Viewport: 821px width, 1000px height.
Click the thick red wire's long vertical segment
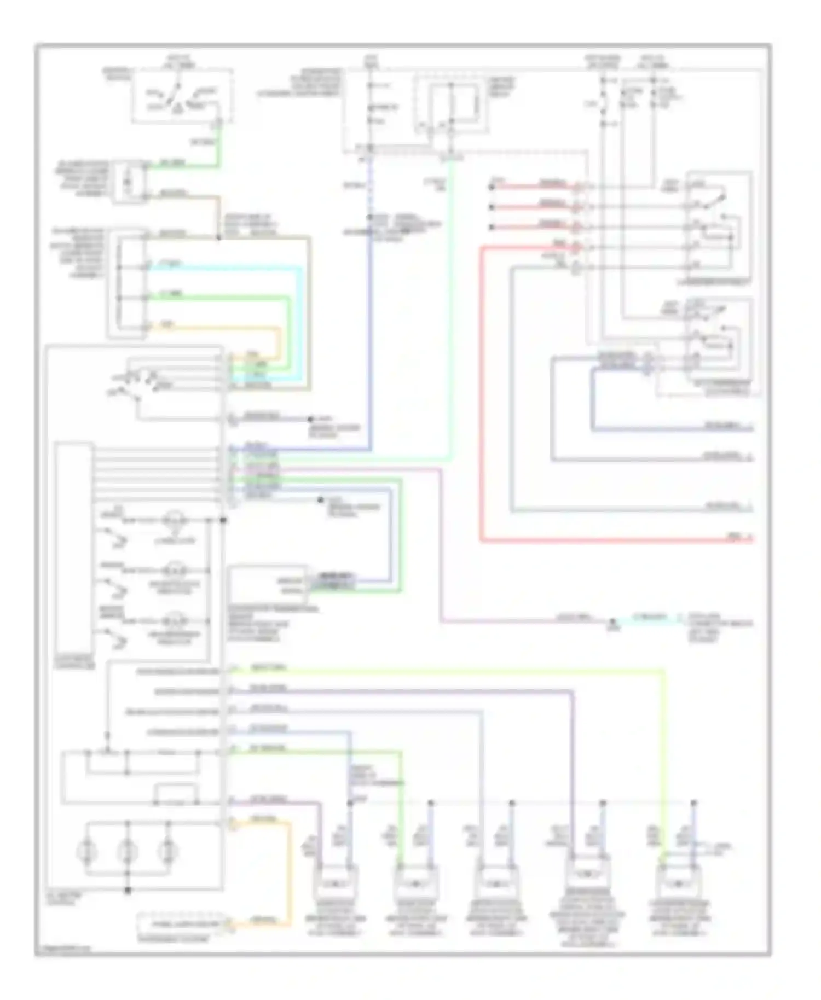pos(482,394)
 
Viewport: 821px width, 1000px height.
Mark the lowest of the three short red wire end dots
pos(492,226)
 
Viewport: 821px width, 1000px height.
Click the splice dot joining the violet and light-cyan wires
pos(613,622)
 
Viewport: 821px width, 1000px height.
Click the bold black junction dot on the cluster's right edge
pos(223,520)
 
